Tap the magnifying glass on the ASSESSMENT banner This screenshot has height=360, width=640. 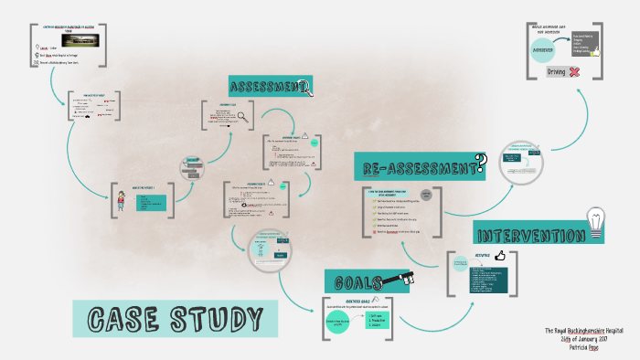(x=305, y=88)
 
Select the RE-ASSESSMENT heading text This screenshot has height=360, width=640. (x=416, y=167)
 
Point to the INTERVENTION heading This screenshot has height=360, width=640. (x=529, y=234)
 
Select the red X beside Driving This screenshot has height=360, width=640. (x=575, y=71)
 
